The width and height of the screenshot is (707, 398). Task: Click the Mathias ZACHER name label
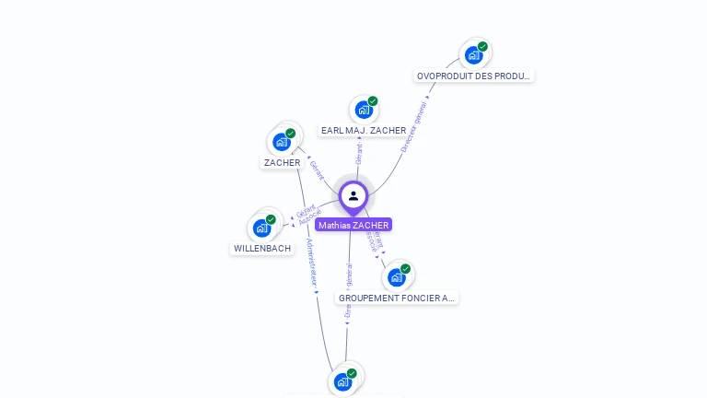pos(353,225)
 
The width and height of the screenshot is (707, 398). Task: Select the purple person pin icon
pos(353,196)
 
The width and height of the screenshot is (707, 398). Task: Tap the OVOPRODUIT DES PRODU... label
pos(474,76)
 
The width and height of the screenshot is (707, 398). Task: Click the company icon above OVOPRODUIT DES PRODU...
pos(474,54)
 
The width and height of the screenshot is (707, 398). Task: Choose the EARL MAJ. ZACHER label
pos(364,131)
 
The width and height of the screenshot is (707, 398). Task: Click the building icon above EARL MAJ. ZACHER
pos(364,110)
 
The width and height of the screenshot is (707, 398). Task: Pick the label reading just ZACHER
pos(282,163)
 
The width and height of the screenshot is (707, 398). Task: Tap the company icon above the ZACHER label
pos(282,142)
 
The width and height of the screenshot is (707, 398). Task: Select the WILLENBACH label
pos(262,249)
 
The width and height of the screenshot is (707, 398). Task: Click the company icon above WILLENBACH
pos(262,228)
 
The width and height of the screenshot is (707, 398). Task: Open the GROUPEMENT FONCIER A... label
pos(397,298)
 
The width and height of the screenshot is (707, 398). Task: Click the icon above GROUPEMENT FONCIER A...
pos(397,276)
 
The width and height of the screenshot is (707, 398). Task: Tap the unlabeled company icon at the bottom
pos(343,380)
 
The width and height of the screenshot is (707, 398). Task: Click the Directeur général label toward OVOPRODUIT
pos(415,124)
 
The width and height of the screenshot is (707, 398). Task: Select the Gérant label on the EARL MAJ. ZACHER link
pos(359,154)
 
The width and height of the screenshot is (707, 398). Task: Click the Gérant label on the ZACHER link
pos(317,170)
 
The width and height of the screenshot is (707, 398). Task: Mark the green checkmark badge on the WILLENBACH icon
pos(271,219)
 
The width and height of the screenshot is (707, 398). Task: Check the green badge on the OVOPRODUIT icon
pos(482,47)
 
